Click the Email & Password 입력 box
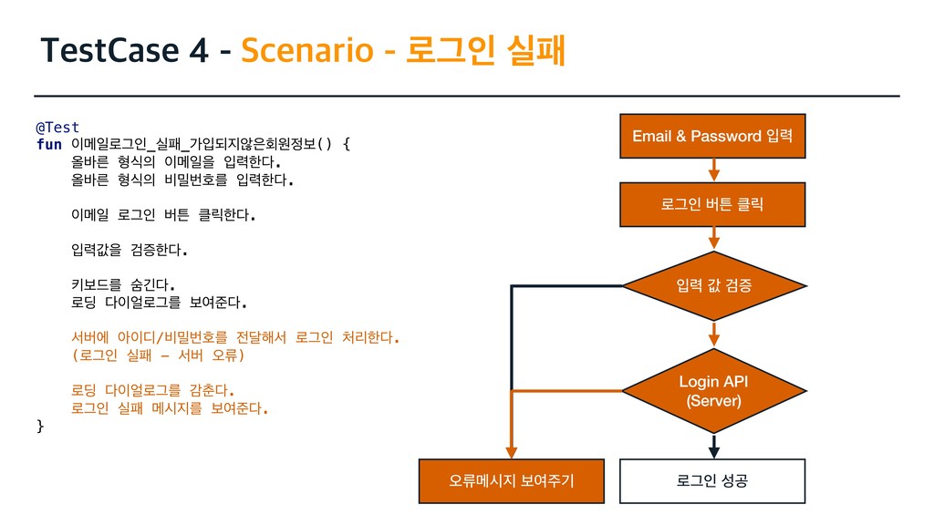tap(712, 136)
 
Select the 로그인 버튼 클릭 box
tap(712, 204)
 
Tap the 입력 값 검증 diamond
tap(714, 286)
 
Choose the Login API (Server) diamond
tap(714, 390)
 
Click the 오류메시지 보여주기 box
tap(512, 481)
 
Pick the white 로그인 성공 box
tap(712, 481)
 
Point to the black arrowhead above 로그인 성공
tap(715, 448)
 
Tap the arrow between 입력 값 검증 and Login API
tap(714, 334)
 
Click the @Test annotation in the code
tap(57, 127)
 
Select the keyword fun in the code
tap(48, 144)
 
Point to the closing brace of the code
tap(39, 426)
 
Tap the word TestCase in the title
tap(109, 52)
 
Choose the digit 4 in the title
tap(197, 52)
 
